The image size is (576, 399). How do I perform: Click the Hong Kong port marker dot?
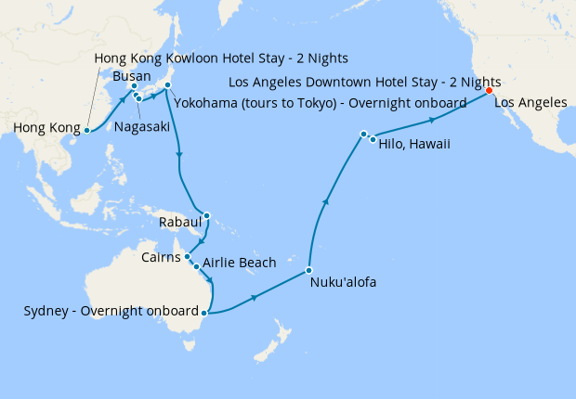[x=86, y=130]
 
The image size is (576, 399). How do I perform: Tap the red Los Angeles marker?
[x=490, y=91]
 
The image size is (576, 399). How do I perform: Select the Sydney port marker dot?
[x=203, y=313]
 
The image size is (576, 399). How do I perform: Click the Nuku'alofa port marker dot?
[x=309, y=271]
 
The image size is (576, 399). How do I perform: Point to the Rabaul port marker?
[x=206, y=217]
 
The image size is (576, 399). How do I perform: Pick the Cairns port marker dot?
[x=188, y=256]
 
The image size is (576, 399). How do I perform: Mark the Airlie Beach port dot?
[x=195, y=265]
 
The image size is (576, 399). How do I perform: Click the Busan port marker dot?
[x=134, y=86]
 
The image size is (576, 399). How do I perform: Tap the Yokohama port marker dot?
[x=168, y=86]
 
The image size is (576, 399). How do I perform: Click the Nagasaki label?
[x=141, y=126]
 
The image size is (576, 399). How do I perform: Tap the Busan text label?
[x=131, y=75]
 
